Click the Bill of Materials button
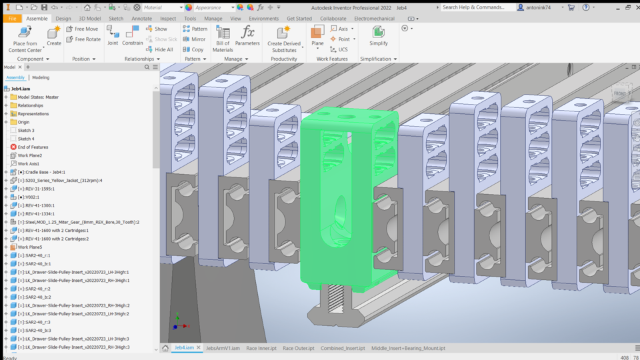pos(223,39)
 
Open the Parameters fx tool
pos(247,36)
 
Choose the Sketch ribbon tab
pos(116,19)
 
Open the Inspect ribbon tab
pos(168,19)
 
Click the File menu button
pos(12,19)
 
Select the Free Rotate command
pos(83,39)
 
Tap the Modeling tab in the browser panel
pos(41,78)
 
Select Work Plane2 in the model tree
pos(29,155)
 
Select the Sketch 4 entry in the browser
pos(26,139)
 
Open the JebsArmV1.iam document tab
pos(223,348)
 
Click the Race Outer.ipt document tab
pos(297,348)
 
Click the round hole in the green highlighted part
pos(341,209)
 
